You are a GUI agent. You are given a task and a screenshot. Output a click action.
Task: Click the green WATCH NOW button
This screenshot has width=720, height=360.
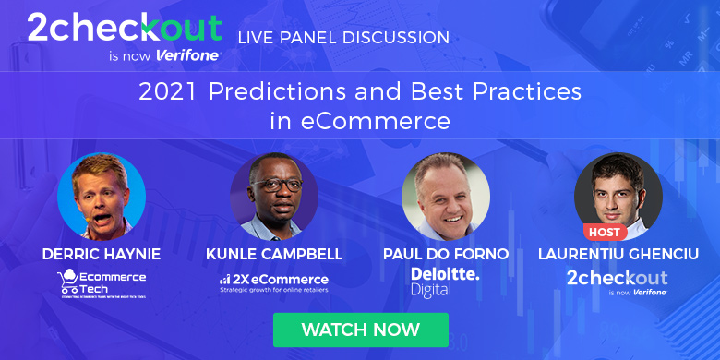(360, 330)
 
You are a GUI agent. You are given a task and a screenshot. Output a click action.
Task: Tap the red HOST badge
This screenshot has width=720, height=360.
(605, 231)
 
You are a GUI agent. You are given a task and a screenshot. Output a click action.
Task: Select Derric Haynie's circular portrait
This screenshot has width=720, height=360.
(102, 197)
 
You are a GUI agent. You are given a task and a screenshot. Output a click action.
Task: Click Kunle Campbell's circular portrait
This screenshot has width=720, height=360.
(274, 197)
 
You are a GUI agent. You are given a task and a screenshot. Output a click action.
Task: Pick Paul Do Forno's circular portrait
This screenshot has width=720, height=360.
(446, 197)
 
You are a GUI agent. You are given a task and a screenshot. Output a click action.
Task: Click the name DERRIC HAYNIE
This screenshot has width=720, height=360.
(102, 253)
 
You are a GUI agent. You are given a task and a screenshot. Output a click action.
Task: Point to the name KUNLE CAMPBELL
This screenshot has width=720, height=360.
(274, 253)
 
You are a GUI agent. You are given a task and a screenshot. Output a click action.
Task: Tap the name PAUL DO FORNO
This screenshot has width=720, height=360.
(446, 253)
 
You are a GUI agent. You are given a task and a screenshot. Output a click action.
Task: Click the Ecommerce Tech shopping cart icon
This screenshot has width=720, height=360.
(66, 279)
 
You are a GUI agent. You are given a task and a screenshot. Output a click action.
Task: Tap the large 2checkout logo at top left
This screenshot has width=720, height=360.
(124, 30)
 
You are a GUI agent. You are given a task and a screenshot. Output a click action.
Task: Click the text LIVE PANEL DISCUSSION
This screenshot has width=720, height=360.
(343, 38)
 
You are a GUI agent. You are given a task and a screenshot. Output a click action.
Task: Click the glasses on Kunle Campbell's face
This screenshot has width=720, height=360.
(273, 184)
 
